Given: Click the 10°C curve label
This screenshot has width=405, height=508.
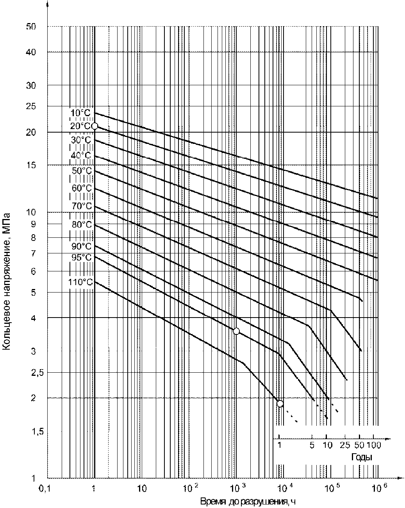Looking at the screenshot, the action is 80,113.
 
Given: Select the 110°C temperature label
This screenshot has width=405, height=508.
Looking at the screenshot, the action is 80,282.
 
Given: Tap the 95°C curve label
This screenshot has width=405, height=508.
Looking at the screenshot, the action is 81,257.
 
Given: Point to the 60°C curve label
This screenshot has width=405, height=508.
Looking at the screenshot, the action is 82,188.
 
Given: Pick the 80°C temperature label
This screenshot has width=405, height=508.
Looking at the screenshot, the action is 82,224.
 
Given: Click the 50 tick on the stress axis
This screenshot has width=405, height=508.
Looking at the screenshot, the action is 31,27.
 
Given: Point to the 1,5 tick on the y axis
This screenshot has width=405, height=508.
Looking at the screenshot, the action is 37,432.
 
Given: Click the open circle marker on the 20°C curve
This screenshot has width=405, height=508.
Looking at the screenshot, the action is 94,126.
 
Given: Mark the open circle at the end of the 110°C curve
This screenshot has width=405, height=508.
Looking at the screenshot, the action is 280,404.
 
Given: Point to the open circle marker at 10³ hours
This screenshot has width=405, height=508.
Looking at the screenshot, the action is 236,331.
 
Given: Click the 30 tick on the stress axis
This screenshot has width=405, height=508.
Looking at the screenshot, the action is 31,86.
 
